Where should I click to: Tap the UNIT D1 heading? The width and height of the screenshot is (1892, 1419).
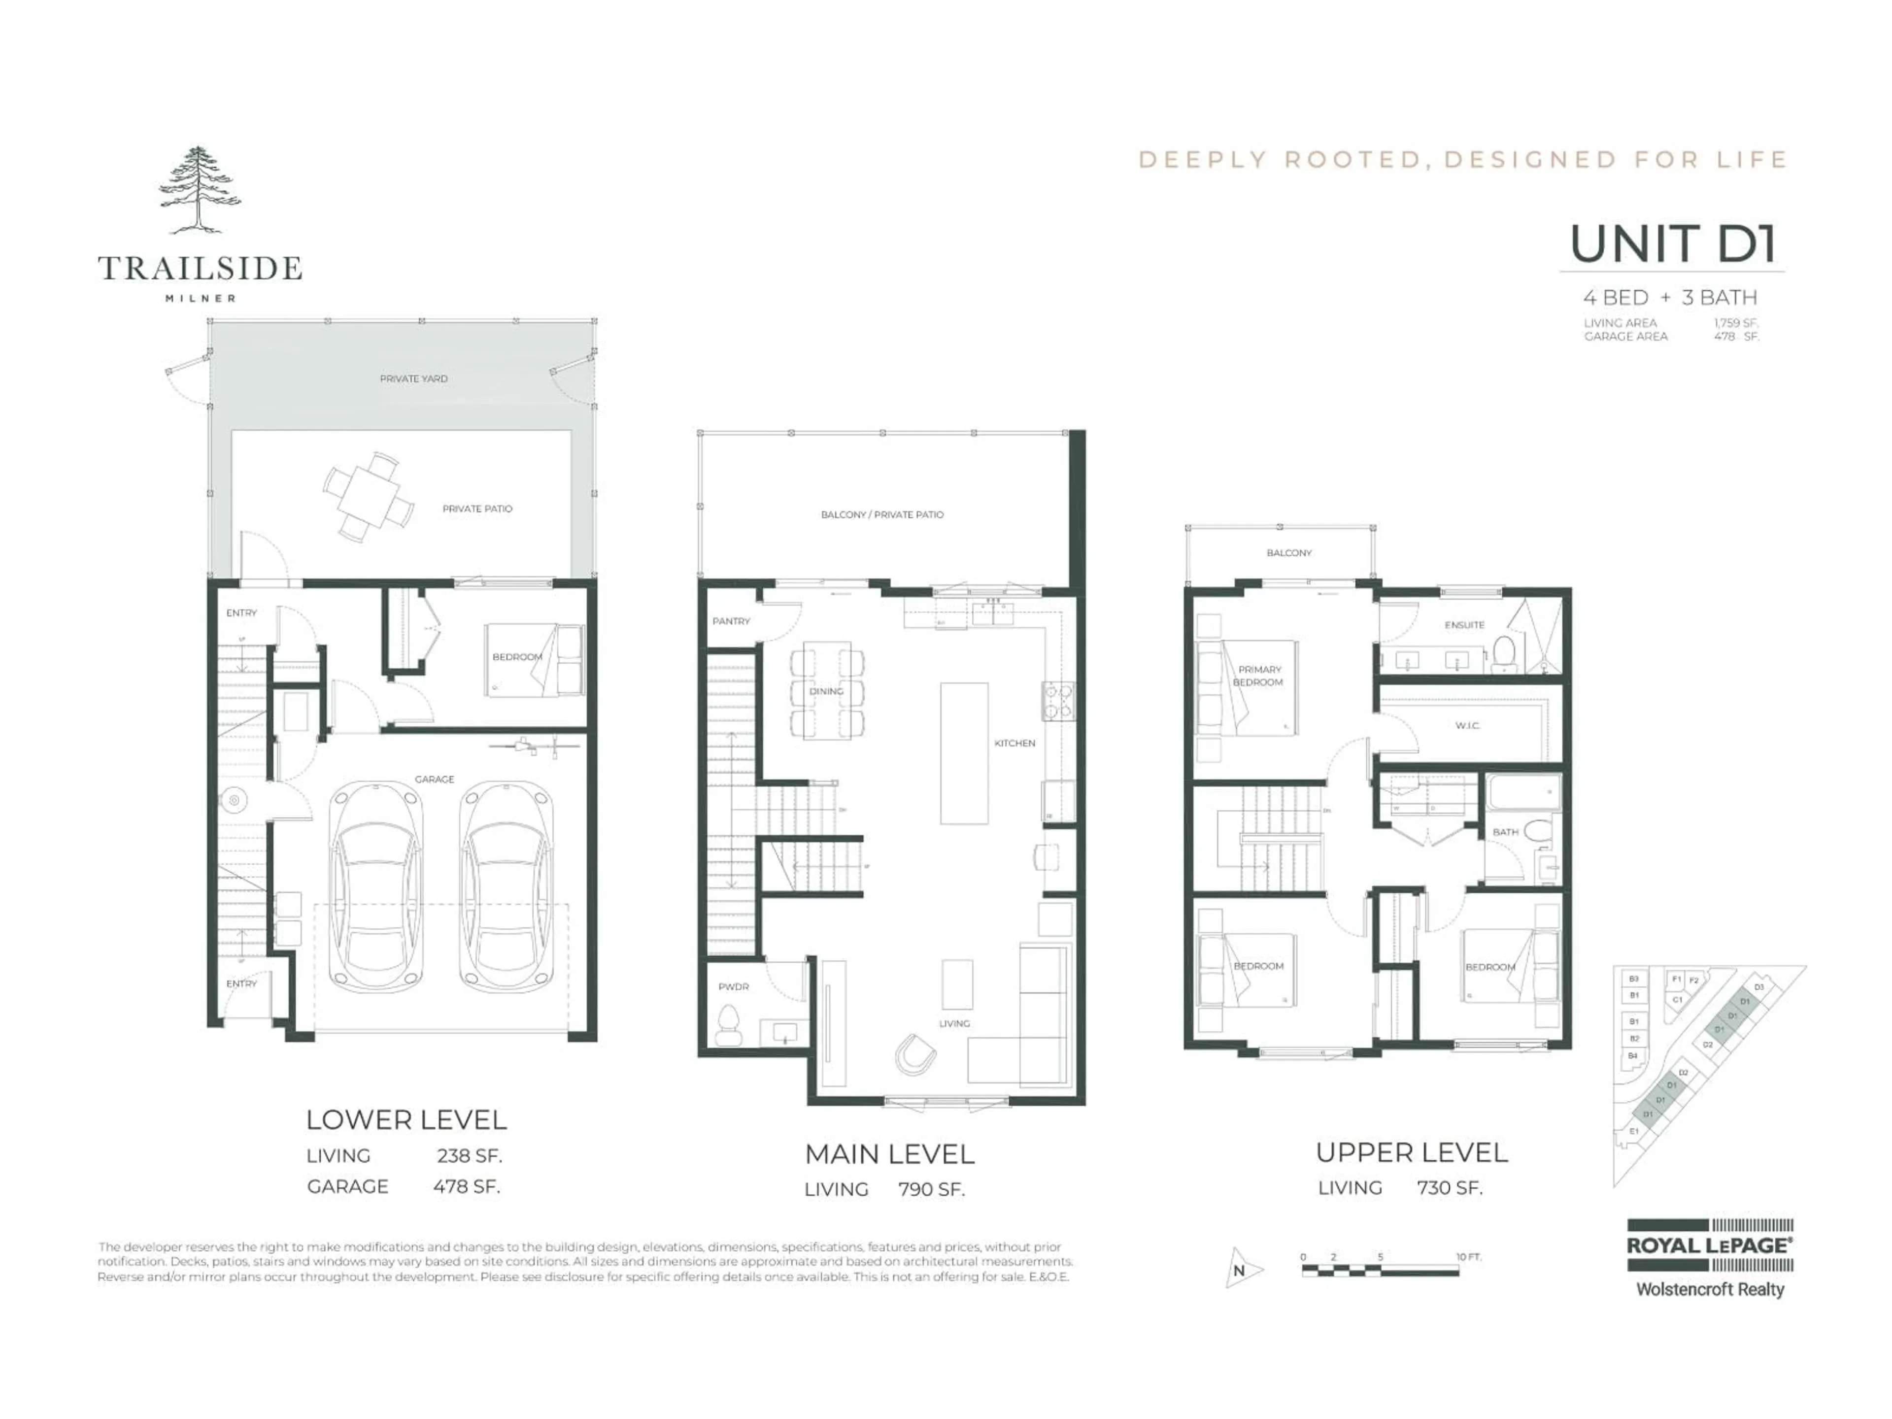click(1673, 244)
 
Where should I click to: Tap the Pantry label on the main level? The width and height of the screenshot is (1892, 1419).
click(731, 621)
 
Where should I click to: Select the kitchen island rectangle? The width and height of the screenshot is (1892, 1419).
click(964, 753)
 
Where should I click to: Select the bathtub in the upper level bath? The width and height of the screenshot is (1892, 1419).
click(1523, 793)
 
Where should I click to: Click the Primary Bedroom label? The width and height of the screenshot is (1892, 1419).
click(1258, 676)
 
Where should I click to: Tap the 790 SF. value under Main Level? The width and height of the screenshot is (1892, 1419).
click(931, 1189)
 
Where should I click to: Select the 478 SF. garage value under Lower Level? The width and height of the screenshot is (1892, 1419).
click(466, 1186)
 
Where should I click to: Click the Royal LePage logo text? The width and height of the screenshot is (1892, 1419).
click(1709, 1246)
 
